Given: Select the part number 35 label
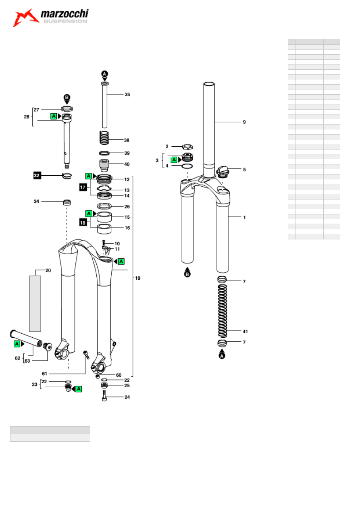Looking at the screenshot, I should click(x=127, y=94).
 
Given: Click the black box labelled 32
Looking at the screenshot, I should click(x=37, y=175).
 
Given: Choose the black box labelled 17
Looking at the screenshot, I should click(x=83, y=187).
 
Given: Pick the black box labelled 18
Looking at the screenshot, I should click(x=83, y=222).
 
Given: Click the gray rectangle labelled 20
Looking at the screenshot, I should click(x=35, y=303).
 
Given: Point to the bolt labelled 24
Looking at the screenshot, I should click(x=104, y=396).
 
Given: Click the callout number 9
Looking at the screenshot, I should click(x=244, y=122).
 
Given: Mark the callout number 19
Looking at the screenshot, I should click(x=137, y=278).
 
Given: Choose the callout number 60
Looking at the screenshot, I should click(x=119, y=375).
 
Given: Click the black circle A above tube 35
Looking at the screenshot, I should click(x=104, y=74).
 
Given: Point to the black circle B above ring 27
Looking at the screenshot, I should click(x=67, y=98).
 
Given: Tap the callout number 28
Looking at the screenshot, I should click(x=27, y=117).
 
